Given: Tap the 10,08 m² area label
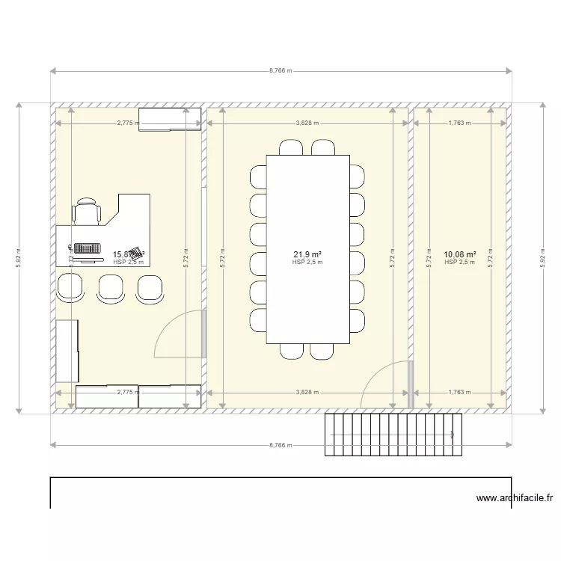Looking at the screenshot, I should click(459, 255).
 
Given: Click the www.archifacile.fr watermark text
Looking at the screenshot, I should click(516, 498).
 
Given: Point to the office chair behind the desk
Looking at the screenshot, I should click(87, 211).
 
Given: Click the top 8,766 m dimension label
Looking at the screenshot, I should click(280, 72).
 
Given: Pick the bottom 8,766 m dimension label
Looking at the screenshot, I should click(280, 445).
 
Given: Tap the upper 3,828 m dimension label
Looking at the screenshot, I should click(307, 123).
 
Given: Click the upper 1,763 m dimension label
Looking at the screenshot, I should click(459, 123).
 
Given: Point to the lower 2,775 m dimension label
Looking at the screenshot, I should click(128, 391).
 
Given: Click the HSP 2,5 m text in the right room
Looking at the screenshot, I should click(459, 263).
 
